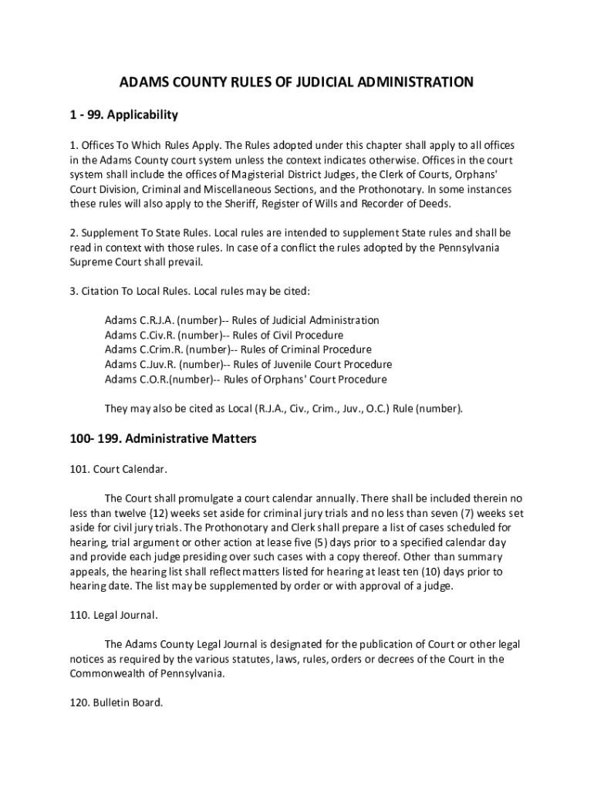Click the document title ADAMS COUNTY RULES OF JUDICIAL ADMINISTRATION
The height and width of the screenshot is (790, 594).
296,81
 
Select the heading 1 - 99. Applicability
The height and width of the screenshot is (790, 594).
123,115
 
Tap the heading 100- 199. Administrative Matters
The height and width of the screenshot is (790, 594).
163,439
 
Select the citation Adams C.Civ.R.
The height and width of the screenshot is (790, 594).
140,335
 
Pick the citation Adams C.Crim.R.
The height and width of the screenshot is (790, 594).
143,349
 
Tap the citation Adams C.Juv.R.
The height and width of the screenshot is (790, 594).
140,364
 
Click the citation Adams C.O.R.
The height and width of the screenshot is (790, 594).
136,380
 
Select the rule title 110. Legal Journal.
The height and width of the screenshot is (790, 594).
113,615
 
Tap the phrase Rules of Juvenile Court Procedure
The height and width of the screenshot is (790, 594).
312,364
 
